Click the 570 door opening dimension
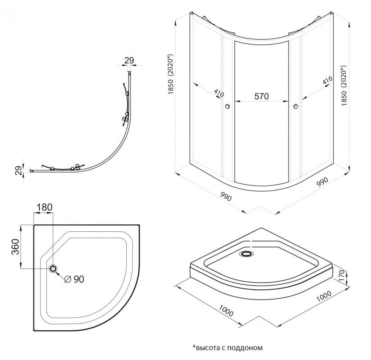(x=261, y=96)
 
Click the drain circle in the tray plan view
(x=54, y=269)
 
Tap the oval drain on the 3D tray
(x=246, y=254)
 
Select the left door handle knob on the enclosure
(x=228, y=107)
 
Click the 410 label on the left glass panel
(x=219, y=93)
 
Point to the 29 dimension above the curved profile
(x=130, y=61)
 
